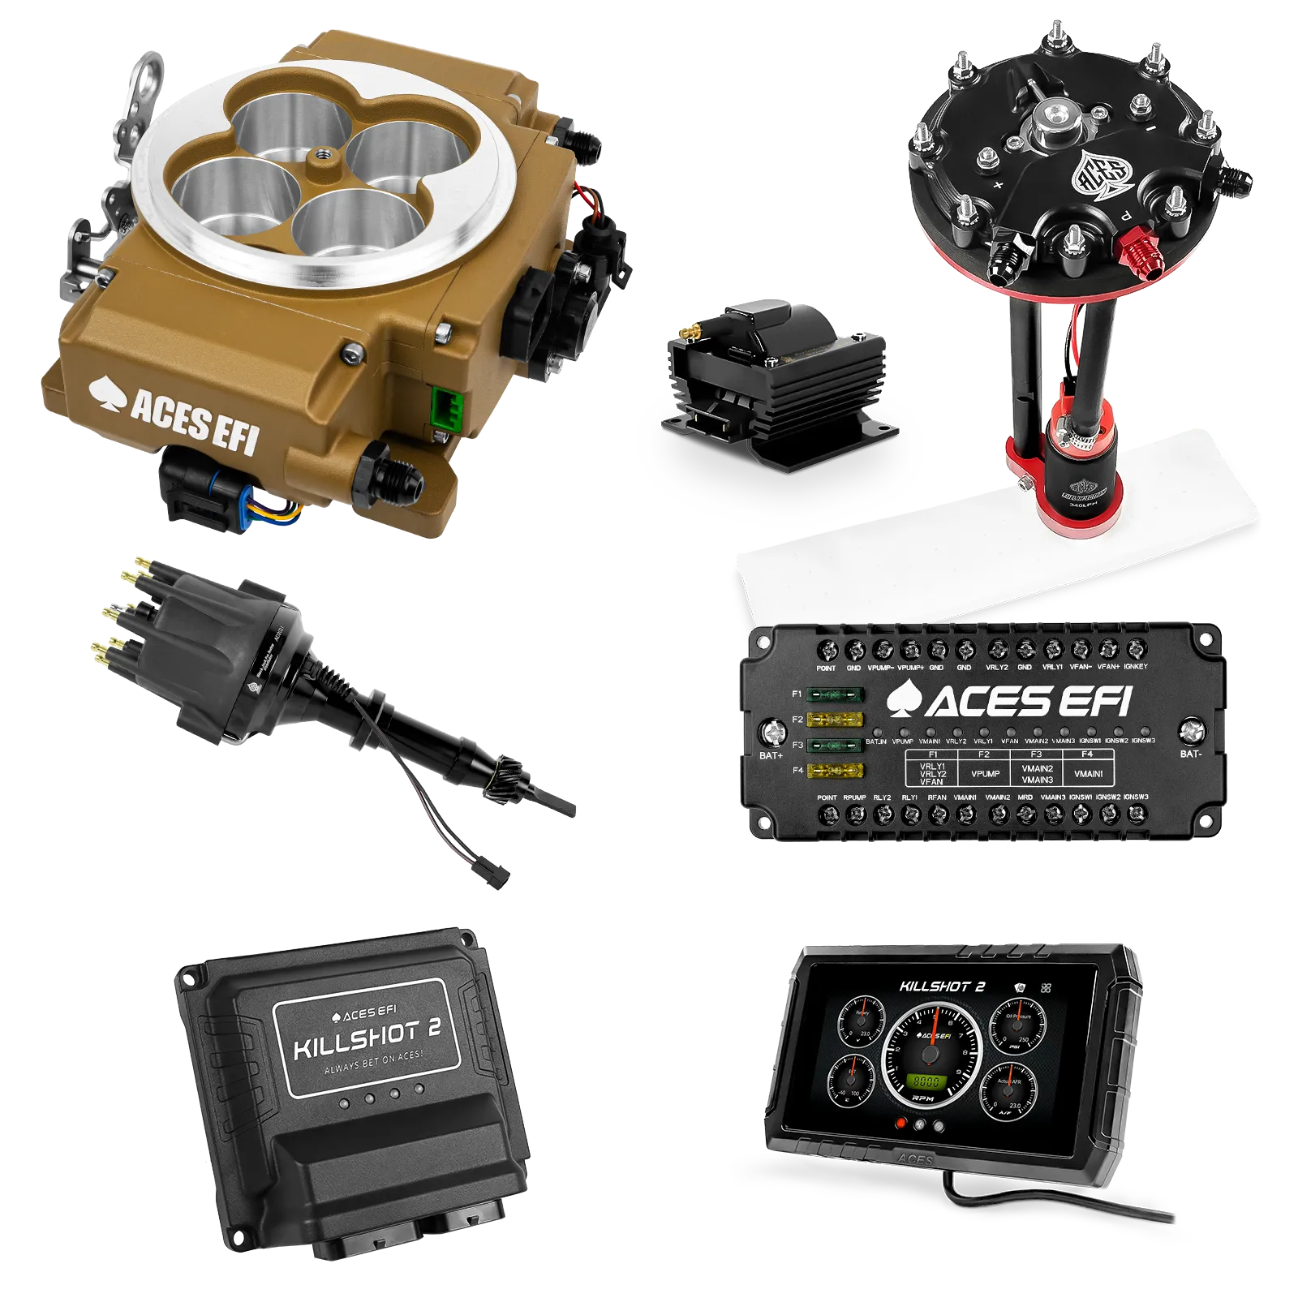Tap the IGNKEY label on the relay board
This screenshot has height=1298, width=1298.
[x=1136, y=667]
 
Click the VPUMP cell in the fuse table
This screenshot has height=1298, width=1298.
[x=985, y=774]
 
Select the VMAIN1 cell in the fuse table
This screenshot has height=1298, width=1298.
[x=1088, y=774]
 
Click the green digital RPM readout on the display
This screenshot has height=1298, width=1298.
[x=926, y=1082]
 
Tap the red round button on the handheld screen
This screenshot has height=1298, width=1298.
[x=900, y=1124]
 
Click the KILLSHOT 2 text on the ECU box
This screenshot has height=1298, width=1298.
[x=367, y=1041]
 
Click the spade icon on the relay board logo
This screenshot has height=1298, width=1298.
[x=903, y=699]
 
